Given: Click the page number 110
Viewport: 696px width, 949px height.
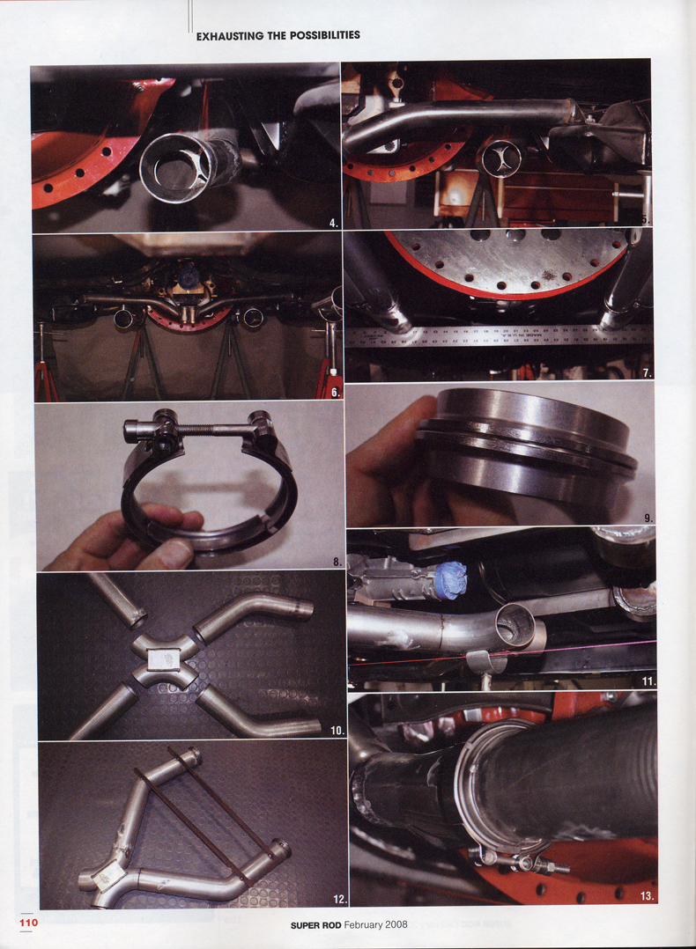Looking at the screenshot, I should (28, 923).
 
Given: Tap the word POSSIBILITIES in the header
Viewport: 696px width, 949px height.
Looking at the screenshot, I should (320, 35).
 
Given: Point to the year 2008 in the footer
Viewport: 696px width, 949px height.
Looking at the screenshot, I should (395, 925).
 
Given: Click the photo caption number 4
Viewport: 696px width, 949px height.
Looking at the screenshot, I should (333, 224).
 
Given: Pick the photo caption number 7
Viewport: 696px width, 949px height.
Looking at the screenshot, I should (647, 373).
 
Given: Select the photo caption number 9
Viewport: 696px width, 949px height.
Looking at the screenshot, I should (648, 518).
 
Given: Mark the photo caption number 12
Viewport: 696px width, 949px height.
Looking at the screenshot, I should (339, 899).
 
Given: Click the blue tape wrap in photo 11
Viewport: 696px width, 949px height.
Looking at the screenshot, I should (448, 582).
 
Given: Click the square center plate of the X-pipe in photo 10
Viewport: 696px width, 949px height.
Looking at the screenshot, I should (162, 657).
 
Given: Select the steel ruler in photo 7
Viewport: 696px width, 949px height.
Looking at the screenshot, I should (498, 335).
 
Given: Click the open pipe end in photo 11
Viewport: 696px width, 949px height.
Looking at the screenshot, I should (515, 626).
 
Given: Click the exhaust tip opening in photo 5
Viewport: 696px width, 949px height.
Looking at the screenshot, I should (501, 158).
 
